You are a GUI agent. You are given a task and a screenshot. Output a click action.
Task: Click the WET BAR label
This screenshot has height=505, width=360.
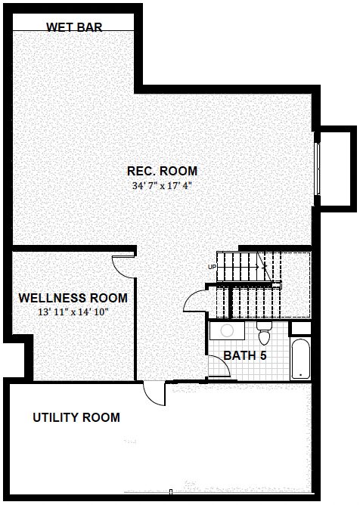[x=74, y=26]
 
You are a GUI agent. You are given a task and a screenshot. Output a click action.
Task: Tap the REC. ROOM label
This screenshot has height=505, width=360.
[x=162, y=171]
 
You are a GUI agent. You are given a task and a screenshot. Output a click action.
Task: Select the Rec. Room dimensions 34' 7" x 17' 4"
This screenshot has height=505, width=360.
[x=162, y=186]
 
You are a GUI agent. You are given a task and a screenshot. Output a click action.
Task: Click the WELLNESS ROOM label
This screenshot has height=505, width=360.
[x=73, y=298]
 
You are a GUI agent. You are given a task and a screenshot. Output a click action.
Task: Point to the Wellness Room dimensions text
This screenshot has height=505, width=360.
[x=73, y=312]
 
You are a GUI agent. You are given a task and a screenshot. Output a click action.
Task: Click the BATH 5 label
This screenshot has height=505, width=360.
[x=245, y=355]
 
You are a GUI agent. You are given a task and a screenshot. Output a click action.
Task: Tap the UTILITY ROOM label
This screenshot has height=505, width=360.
[x=76, y=417]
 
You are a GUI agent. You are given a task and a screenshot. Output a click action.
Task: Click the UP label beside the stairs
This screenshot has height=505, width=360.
[x=212, y=267]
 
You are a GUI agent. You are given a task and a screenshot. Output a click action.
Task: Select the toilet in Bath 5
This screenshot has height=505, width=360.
[x=264, y=333]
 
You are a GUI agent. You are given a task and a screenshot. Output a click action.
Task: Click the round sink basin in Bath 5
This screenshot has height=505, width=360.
[x=227, y=331]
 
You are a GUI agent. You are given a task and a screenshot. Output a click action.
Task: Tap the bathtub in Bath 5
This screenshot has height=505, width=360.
[x=300, y=358]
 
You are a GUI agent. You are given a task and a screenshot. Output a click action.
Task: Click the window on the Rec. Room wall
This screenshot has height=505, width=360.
[x=318, y=169]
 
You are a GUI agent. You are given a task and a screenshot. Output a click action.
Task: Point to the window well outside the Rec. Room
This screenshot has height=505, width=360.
[x=336, y=169]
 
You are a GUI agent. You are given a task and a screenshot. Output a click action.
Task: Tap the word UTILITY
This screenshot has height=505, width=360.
[x=55, y=417]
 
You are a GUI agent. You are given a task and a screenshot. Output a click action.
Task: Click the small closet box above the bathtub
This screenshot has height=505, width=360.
[x=301, y=328]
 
